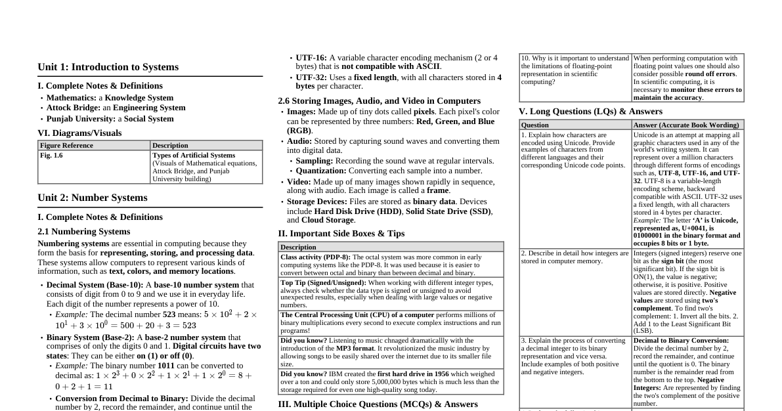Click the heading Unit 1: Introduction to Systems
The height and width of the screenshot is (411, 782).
(x=108, y=67)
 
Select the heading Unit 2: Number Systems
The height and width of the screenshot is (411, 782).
(x=93, y=198)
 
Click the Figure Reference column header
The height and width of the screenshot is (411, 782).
(x=66, y=146)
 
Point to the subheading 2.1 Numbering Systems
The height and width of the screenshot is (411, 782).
(x=83, y=231)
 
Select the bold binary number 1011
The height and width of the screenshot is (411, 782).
(x=167, y=365)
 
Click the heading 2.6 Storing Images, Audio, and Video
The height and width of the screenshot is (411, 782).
(x=379, y=101)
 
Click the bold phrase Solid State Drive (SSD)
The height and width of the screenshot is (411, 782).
(x=448, y=211)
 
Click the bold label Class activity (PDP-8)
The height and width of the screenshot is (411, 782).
(x=315, y=257)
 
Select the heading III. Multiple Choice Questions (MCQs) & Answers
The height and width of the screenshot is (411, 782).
(x=378, y=404)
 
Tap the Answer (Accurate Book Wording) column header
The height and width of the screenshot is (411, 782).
(x=686, y=125)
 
